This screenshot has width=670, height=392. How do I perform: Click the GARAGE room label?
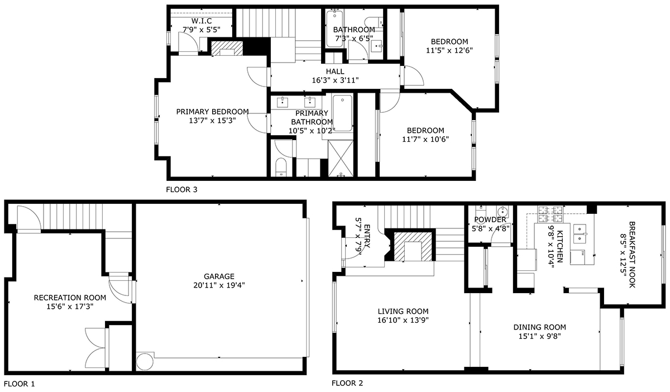[219, 276]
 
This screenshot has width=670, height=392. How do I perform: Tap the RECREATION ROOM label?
[70, 298]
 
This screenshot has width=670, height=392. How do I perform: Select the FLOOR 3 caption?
[181, 189]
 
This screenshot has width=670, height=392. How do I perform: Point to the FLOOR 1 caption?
[20, 384]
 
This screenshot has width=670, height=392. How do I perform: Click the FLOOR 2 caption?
[347, 383]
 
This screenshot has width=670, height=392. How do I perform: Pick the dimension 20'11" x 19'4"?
[219, 285]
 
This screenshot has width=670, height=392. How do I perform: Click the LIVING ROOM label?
[403, 311]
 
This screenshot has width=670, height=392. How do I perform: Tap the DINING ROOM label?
[539, 327]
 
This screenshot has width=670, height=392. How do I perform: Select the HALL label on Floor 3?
[335, 71]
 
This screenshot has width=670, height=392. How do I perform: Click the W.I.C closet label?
[202, 21]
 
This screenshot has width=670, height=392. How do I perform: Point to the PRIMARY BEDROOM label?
[212, 112]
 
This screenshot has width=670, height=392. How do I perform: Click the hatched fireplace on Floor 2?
[413, 247]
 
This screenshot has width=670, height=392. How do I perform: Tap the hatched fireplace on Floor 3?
[227, 48]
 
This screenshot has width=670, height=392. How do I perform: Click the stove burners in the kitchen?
[550, 214]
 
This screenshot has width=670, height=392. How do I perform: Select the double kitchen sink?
[580, 234]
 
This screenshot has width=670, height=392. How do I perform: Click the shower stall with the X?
[341, 158]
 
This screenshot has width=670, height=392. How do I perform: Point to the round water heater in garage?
[145, 361]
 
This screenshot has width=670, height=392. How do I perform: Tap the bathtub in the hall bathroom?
[334, 28]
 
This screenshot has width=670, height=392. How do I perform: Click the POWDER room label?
[490, 219]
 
